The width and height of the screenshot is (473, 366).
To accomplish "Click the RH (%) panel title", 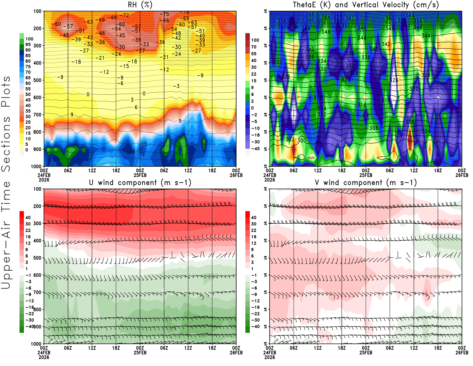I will (x=140, y=5).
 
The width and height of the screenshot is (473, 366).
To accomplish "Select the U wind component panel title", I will (x=140, y=183).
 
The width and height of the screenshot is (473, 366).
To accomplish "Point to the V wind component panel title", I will (x=366, y=183).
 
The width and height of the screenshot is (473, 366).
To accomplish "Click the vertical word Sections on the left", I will (x=6, y=144).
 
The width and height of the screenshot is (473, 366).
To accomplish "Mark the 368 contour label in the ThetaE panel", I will (x=310, y=14).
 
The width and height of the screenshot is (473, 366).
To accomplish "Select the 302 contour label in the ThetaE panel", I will (x=290, y=139).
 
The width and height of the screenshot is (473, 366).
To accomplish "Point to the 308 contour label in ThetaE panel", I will (x=410, y=122).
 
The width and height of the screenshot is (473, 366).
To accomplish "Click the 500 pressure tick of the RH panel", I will (x=38, y=80).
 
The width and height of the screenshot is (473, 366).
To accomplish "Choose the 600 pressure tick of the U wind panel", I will (x=38, y=275).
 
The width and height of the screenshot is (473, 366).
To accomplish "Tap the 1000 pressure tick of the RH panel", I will (x=36, y=166).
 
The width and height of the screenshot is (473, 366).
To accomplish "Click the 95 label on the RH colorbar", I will (x=28, y=44).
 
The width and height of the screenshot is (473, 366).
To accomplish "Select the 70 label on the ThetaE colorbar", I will (x=254, y=47).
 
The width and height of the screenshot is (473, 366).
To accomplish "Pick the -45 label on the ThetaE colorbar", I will (x=255, y=149).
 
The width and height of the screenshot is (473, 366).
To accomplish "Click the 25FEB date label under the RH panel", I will (x=140, y=175).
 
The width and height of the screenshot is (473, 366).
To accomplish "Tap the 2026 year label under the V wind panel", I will (x=270, y=357).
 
